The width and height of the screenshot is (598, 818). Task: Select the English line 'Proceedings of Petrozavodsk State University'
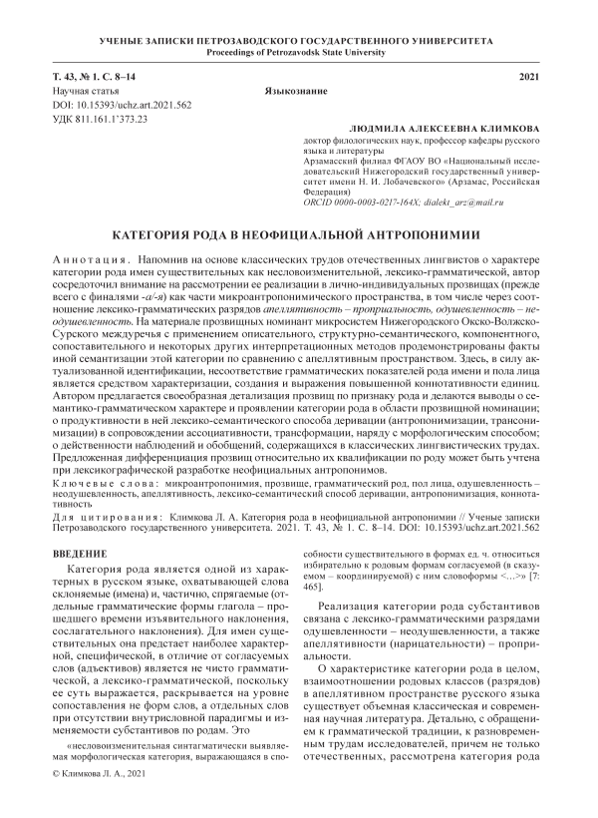tap(298, 52)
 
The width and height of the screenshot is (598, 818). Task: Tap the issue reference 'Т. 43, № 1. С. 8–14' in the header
tap(98, 77)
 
